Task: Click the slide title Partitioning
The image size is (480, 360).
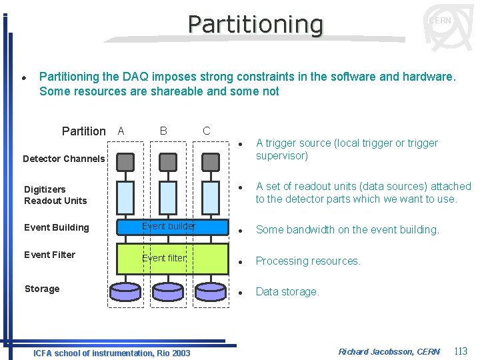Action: point(255,24)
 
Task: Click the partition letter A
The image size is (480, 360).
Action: point(121,131)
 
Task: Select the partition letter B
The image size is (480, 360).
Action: point(163,131)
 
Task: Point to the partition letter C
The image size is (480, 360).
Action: point(206,131)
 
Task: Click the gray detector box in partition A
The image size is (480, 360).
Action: point(125,162)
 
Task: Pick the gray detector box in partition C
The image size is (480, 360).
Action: point(210,162)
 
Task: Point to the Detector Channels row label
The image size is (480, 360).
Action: point(63,159)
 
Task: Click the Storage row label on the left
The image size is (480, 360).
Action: point(42,289)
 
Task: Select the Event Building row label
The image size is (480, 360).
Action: point(56,227)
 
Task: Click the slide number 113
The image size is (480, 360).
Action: point(460,351)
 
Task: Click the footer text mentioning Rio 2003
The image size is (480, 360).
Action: point(111,353)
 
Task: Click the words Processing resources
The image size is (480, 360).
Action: point(308,261)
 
